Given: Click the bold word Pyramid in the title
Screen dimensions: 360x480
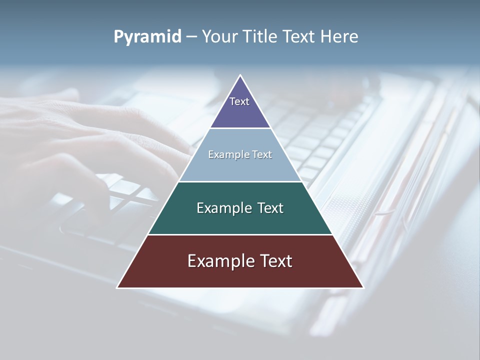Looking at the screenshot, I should (x=147, y=37).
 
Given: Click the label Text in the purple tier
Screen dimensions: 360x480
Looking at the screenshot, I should (x=239, y=101).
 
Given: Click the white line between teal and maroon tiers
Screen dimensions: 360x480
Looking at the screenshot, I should (x=240, y=234).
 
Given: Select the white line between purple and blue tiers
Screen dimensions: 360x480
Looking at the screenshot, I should (x=240, y=128).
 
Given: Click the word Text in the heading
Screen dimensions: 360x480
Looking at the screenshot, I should (x=298, y=37).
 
